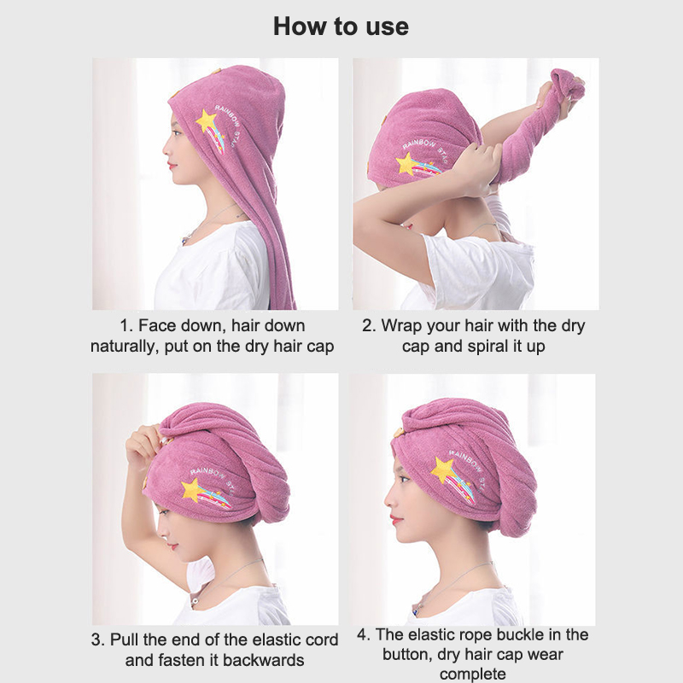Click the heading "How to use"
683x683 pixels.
[x=341, y=26]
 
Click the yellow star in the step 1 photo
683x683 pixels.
[x=206, y=121]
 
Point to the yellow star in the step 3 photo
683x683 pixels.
[x=191, y=489]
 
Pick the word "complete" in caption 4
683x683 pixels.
[x=473, y=674]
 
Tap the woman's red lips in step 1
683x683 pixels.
[x=172, y=166]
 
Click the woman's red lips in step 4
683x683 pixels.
[x=395, y=520]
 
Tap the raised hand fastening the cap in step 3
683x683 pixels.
[x=144, y=445]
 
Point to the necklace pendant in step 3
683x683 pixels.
[x=194, y=602]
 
